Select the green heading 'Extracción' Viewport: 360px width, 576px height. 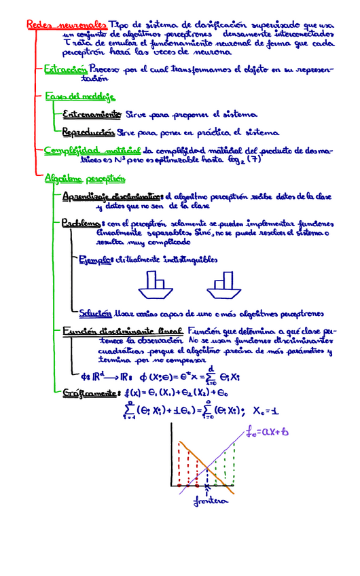[65, 69]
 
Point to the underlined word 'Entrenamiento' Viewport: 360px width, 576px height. [92, 114]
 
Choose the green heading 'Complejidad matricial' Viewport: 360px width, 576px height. [92, 150]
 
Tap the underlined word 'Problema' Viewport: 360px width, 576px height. [81, 223]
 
